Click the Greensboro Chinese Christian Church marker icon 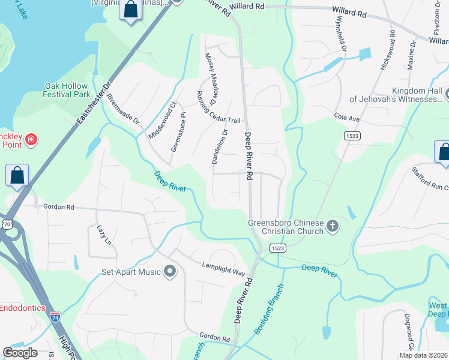(x=333, y=227)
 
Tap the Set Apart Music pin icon (x=169, y=272)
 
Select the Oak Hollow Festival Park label (x=67, y=90)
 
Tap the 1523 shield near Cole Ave (x=352, y=137)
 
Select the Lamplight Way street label (x=223, y=269)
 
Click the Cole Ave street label (x=346, y=119)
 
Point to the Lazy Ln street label (x=100, y=235)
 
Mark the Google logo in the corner (x=20, y=352)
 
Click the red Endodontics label (x=22, y=307)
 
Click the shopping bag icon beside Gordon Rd (x=18, y=176)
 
